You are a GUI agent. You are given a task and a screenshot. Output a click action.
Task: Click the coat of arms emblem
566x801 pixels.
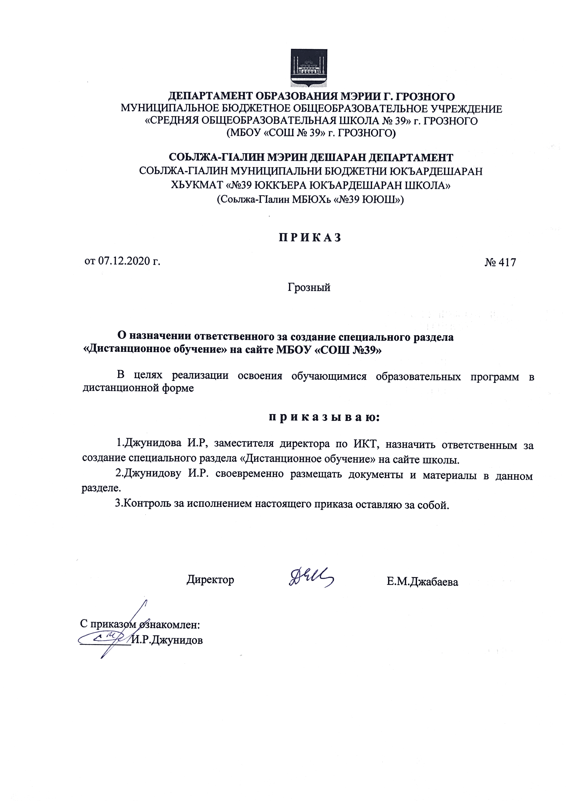[309, 68]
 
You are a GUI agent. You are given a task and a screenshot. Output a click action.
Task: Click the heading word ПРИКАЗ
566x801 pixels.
[309, 238]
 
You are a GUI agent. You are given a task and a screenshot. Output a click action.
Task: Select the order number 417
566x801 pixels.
[507, 262]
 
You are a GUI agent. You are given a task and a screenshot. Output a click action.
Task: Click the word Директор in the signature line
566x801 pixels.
[210, 579]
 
